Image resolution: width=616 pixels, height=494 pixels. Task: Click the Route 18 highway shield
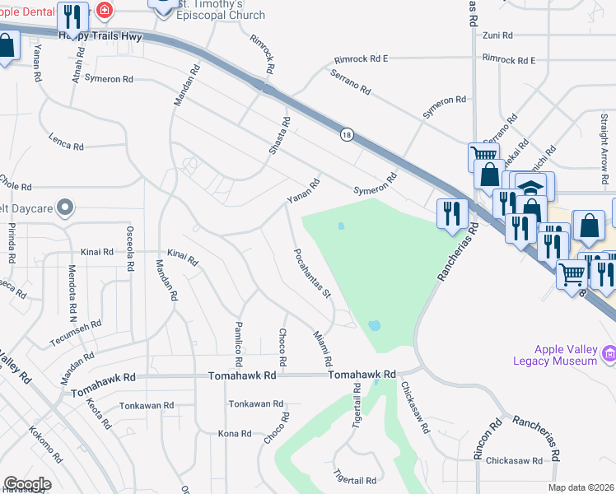347,134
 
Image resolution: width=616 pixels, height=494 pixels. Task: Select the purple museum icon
609,353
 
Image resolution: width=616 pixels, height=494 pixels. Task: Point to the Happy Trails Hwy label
100,37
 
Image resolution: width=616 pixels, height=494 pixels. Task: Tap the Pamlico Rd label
239,344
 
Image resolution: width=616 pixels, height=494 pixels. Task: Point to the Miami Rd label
322,349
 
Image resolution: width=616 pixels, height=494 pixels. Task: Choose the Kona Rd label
234,434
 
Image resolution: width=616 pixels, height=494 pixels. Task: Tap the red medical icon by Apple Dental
104,11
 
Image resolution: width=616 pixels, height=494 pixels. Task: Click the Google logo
27,484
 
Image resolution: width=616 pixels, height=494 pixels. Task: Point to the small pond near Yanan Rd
340,226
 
